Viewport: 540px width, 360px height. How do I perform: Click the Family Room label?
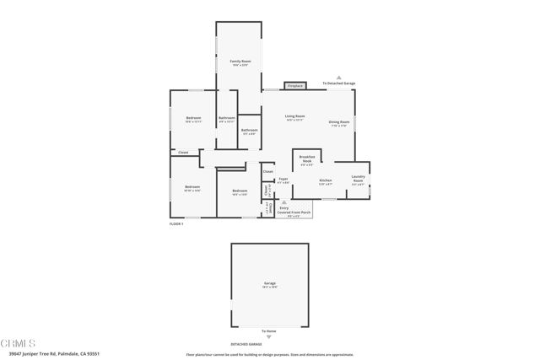[241, 63]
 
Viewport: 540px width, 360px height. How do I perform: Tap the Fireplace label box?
[294, 86]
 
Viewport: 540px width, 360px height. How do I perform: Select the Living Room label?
[294, 117]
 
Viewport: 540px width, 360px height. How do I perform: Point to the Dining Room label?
[339, 124]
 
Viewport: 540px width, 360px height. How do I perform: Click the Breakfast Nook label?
[308, 161]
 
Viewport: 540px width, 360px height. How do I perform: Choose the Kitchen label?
[325, 181]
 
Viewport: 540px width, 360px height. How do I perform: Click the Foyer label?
[284, 180]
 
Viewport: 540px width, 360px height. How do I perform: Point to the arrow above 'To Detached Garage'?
[338, 76]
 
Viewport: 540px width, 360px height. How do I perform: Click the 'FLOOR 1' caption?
[176, 223]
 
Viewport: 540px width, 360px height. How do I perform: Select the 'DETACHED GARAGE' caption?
[246, 344]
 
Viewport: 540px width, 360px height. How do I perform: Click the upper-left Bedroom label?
[192, 121]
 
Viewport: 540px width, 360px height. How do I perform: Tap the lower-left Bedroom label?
[192, 188]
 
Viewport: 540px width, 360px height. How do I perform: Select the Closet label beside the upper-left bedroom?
[182, 153]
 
